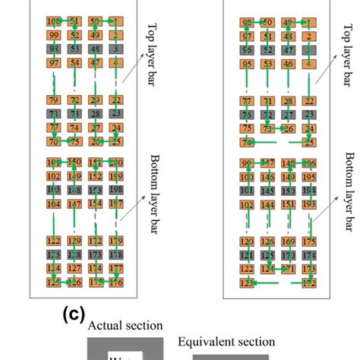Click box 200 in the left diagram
pyautogui.click(x=116, y=163)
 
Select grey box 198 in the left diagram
pyautogui.click(x=116, y=189)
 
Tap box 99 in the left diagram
pyautogui.click(x=54, y=35)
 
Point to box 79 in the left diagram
pyautogui.click(x=54, y=100)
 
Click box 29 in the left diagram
pyautogui.click(x=95, y=100)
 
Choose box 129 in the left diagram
pyautogui.click(x=74, y=241)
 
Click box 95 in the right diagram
pyautogui.click(x=248, y=64)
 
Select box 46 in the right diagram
pyautogui.click(x=289, y=64)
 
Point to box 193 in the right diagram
pyautogui.click(x=309, y=204)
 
